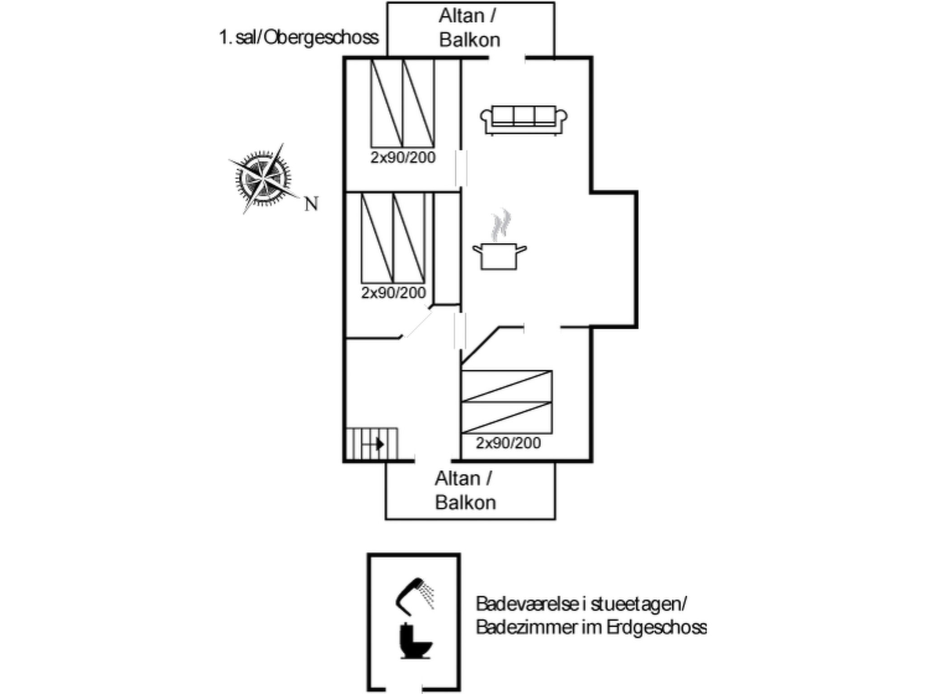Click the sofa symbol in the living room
pyautogui.click(x=523, y=120)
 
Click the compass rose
pyautogui.click(x=263, y=179)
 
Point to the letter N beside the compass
pyautogui.click(x=311, y=204)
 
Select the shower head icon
pyautogui.click(x=414, y=596)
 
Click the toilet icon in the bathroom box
pyautogui.click(x=415, y=641)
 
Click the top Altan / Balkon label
pyautogui.click(x=469, y=28)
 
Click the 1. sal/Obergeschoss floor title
pyautogui.click(x=299, y=38)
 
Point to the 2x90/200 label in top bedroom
pyautogui.click(x=403, y=158)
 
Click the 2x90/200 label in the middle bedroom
pyautogui.click(x=393, y=293)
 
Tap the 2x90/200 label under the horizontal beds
pyautogui.click(x=508, y=443)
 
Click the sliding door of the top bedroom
pyautogui.click(x=461, y=168)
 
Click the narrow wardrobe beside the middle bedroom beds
pyautogui.click(x=447, y=249)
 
